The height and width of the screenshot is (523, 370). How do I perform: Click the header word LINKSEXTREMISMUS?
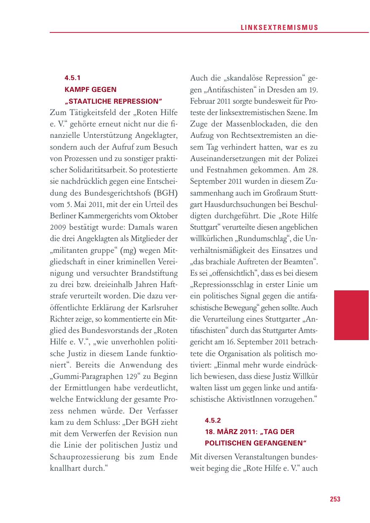[279, 27]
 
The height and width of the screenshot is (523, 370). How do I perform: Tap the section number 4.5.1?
[72, 78]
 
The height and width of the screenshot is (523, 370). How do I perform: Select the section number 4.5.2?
[213, 420]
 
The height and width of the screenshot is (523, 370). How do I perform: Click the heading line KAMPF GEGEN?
[90, 90]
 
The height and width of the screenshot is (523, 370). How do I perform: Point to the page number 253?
[335, 499]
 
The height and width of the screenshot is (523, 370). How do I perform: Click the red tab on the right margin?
[351, 315]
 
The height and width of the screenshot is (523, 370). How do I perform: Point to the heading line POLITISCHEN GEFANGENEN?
[255, 443]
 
